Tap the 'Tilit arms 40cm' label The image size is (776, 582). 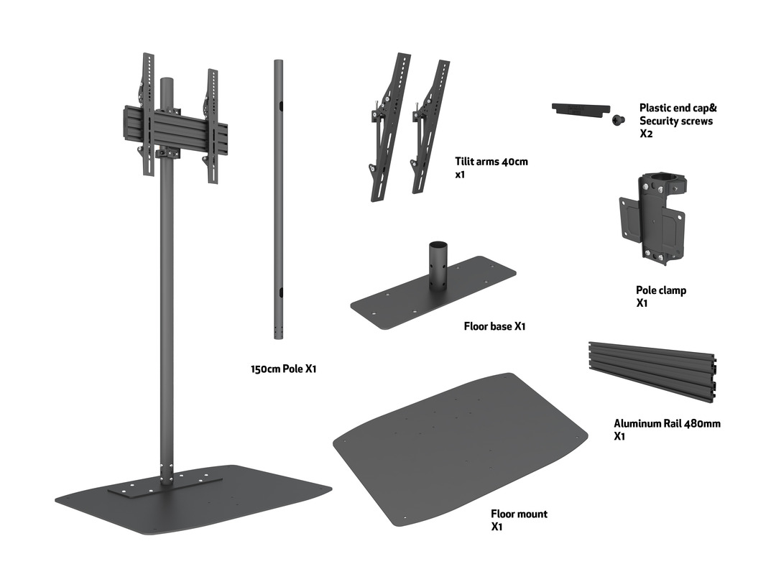coord(491,162)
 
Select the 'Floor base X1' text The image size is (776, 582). coord(494,326)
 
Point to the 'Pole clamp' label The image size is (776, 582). coord(660,290)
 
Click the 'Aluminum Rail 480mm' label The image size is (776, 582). coord(667,423)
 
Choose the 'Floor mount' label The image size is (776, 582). coord(519,514)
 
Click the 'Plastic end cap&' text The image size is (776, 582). coord(678,108)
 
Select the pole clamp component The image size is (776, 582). coord(652,216)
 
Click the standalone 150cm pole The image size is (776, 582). coord(277,201)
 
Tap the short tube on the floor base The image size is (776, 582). coord(438,266)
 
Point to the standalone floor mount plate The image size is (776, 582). coord(460,449)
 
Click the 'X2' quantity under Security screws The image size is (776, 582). coord(646,134)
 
